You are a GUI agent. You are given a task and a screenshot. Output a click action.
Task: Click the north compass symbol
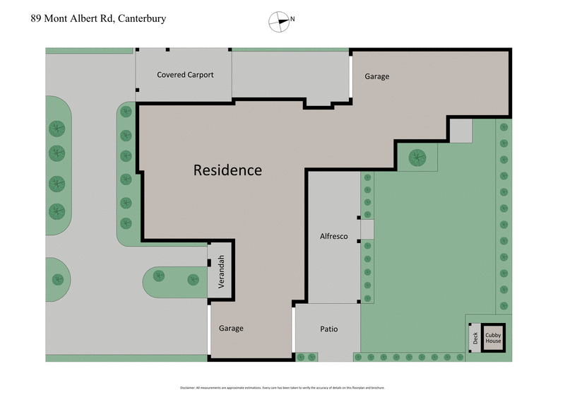point(280,21)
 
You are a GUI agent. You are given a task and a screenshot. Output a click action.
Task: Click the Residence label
point(227,170)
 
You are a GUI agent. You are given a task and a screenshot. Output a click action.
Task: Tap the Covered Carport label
point(185,75)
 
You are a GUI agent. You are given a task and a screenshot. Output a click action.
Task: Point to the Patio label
point(329,329)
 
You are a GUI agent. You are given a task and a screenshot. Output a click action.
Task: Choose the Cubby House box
point(493,337)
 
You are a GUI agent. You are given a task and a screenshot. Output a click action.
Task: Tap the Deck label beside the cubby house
point(475,337)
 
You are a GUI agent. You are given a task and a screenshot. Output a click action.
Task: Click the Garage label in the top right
point(376,76)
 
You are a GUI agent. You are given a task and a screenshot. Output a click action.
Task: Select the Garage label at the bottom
point(231,329)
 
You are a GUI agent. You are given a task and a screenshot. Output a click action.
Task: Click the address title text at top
point(99,18)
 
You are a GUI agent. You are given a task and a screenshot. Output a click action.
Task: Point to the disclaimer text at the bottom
point(282,388)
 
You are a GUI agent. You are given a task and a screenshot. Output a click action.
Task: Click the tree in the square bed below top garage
point(417,157)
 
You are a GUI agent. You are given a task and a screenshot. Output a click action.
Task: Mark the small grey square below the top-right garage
point(461,131)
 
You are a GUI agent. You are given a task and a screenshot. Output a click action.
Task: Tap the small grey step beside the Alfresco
point(367,229)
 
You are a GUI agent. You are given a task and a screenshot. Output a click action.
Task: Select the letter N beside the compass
point(292,20)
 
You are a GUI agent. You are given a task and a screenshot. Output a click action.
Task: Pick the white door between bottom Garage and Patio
point(293,331)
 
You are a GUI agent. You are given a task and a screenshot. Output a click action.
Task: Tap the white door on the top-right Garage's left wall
point(351,76)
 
